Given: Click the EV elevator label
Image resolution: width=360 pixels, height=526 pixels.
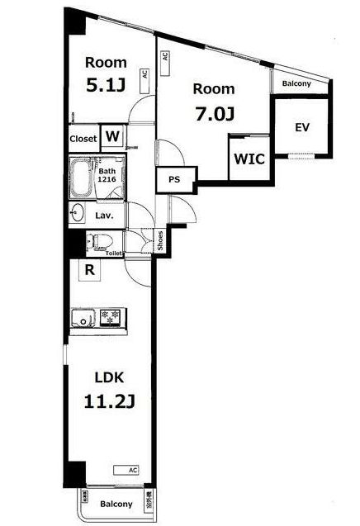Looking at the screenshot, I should pos(303,127).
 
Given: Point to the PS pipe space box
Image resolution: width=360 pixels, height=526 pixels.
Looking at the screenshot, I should pos(174,179).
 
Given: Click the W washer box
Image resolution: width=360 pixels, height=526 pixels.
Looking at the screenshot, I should pos(113,137).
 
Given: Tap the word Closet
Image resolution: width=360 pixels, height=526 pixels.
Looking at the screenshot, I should pos(83,138).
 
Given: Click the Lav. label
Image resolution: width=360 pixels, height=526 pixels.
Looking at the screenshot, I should pos(104,215).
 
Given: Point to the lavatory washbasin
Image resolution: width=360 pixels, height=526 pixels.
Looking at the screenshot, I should pos(78,214).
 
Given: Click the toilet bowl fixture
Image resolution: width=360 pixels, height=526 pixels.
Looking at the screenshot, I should pos(98,241).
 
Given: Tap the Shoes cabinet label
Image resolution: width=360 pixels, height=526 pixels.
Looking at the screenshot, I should pos(160,240).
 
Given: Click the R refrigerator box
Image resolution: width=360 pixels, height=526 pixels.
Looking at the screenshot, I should pos(88,269).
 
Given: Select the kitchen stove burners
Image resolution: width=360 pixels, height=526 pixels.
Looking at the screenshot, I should pos(111,318).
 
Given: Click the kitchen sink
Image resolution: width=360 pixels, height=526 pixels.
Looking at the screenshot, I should pos(83,318).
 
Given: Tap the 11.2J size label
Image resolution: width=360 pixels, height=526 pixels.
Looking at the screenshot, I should pos(109,403).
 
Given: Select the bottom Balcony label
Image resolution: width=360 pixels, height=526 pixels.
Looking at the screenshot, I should pos(116,504).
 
